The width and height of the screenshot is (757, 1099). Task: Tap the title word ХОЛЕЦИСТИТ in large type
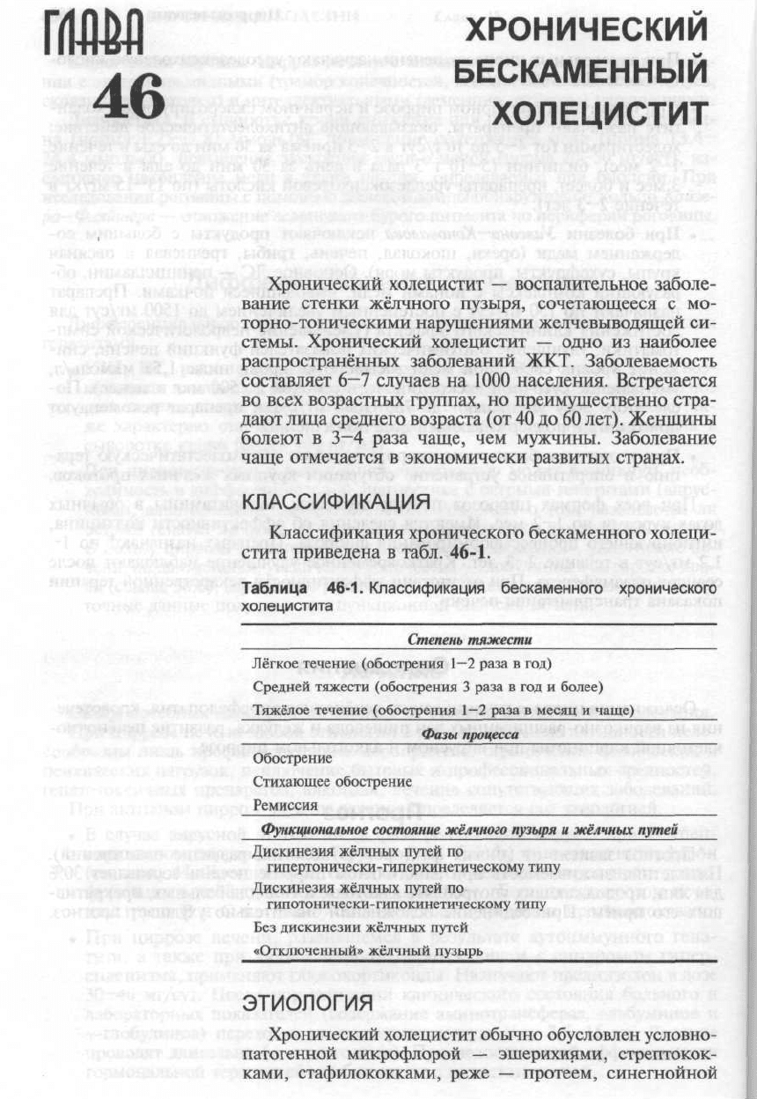599,113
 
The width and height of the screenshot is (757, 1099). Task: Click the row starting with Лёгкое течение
401,662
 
